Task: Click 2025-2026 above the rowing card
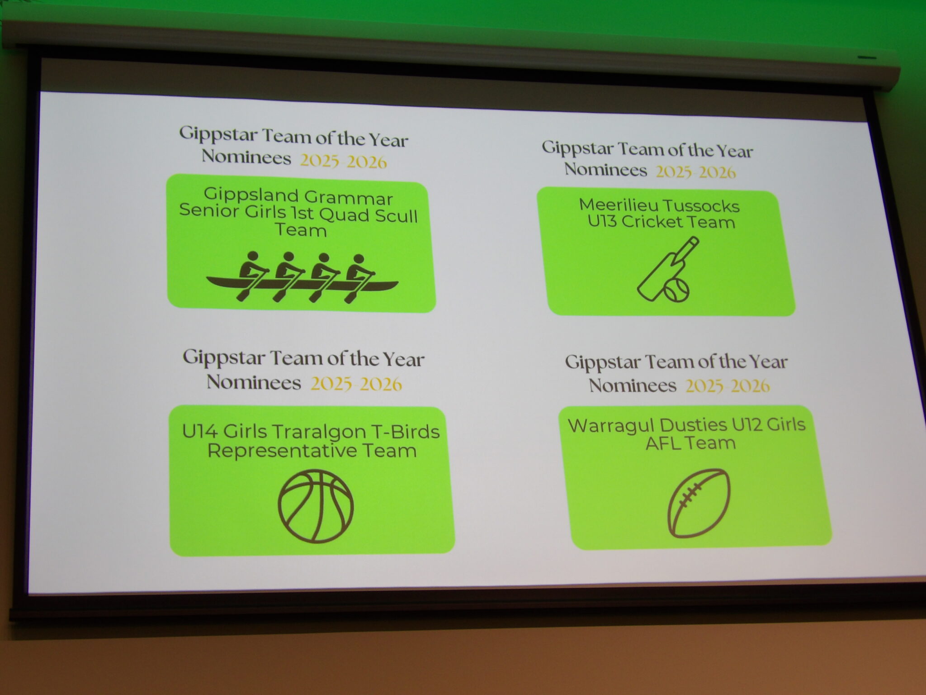tap(344, 161)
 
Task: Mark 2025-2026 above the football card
tap(728, 386)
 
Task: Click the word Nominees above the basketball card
tap(254, 383)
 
